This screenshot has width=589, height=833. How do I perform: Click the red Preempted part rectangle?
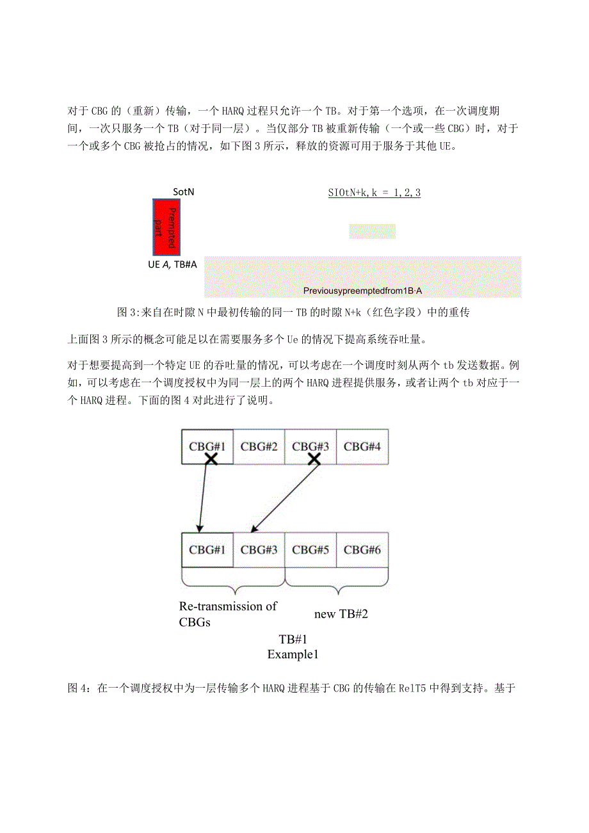[166, 227]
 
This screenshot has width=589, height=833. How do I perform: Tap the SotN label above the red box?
[183, 191]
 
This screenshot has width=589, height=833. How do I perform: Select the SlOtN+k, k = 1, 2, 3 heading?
[375, 192]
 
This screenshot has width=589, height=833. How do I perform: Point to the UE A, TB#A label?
[171, 264]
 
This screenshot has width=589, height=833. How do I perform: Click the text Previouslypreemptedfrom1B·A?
[363, 291]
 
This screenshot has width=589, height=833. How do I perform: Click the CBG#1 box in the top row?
[207, 446]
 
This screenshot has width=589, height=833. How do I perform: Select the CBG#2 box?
[259, 446]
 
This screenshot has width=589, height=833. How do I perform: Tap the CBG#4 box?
[362, 446]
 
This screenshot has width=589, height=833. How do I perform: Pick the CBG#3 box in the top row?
[311, 446]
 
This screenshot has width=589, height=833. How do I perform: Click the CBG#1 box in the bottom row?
[207, 549]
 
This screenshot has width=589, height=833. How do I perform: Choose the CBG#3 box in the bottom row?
[259, 549]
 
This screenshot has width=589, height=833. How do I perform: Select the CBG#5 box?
[311, 549]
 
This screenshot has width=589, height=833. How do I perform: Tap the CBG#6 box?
[362, 549]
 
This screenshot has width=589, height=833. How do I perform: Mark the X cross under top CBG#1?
[211, 458]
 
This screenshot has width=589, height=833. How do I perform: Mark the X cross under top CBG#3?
[314, 458]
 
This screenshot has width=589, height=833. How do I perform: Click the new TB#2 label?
[341, 614]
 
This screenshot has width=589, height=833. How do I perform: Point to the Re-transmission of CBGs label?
[227, 613]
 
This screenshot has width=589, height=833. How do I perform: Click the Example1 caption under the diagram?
[293, 654]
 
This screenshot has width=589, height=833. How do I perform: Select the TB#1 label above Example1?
[293, 640]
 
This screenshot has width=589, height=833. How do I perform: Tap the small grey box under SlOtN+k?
[372, 231]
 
